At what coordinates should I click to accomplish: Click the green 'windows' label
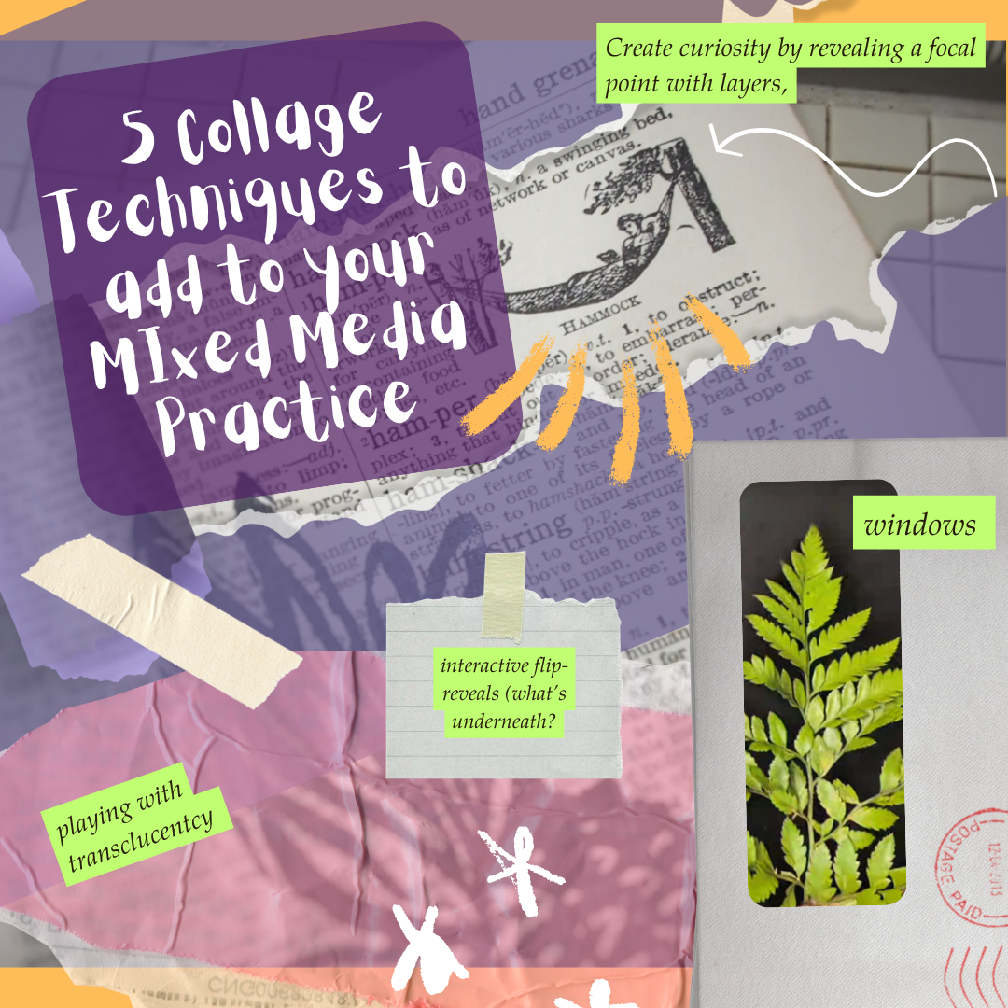pos(919,525)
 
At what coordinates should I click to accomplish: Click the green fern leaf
pos(821,709)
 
